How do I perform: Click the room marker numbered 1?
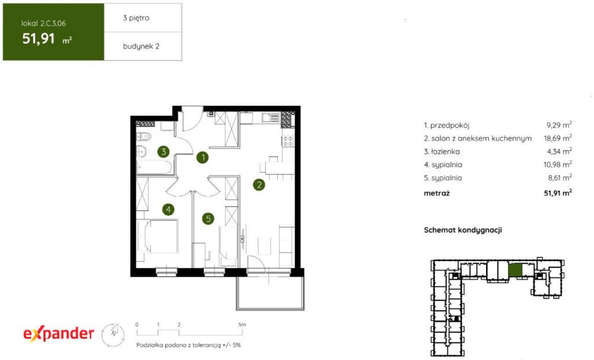(202, 157)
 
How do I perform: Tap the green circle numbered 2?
(259, 185)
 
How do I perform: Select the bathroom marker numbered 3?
(164, 152)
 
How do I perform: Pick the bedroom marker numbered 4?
(168, 209)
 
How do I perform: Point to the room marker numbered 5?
(208, 219)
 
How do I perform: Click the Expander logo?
(59, 334)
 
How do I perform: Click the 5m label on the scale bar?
(242, 325)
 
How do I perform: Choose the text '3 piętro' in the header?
(136, 18)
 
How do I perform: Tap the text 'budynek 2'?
(141, 46)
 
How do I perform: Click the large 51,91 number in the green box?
(39, 39)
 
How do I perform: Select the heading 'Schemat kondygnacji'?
(462, 230)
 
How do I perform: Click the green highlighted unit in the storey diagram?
(515, 270)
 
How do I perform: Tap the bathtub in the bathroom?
(154, 168)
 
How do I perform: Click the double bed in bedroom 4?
(158, 236)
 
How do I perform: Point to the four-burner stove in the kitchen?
(288, 141)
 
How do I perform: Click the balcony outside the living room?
(270, 293)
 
